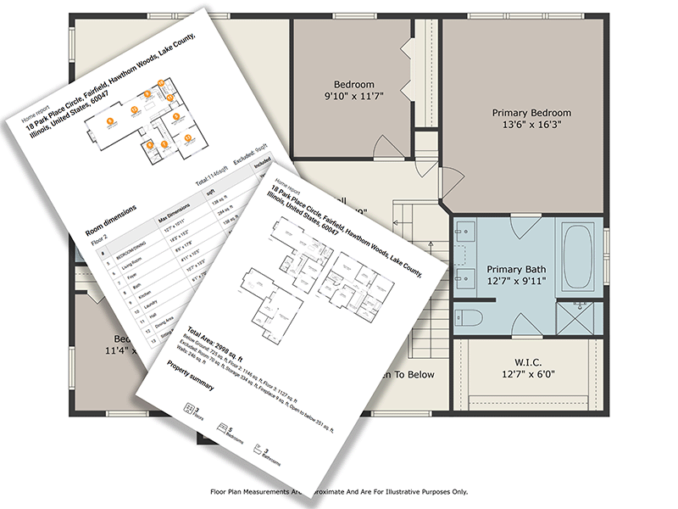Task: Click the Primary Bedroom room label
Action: [x=531, y=113]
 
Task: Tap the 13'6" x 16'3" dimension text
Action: [x=531, y=125]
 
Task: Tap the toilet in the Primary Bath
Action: [x=469, y=317]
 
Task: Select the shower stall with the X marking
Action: [x=580, y=317]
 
